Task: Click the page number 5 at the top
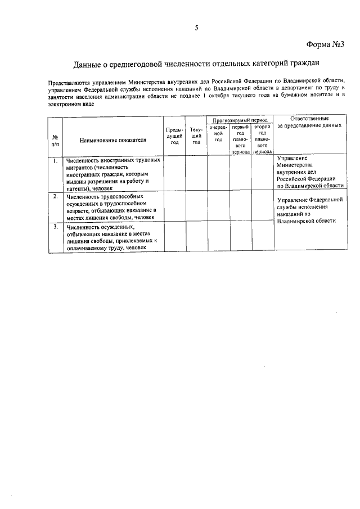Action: point(196,28)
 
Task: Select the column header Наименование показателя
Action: point(112,139)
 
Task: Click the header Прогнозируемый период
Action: point(240,120)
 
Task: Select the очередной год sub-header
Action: point(218,133)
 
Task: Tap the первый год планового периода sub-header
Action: point(240,139)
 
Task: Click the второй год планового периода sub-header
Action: point(262,139)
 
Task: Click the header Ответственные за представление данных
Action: point(309,122)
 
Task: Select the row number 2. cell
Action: point(55,196)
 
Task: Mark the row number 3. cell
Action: point(55,227)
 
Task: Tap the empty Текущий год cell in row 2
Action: point(196,206)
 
